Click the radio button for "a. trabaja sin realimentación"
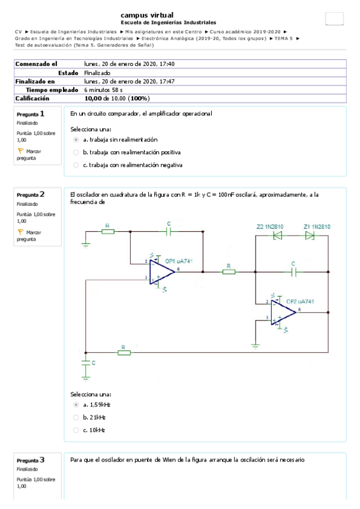point(76,139)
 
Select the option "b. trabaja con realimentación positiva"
point(76,152)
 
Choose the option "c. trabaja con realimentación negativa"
point(76,164)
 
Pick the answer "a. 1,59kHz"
point(76,405)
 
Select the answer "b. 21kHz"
point(76,417)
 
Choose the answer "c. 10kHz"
point(76,430)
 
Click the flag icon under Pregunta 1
point(20,151)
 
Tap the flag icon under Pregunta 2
point(20,232)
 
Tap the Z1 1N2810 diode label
point(317,226)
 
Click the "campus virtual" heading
point(148,14)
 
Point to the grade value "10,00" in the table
point(93,98)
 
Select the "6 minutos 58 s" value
point(103,89)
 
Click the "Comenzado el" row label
point(36,64)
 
